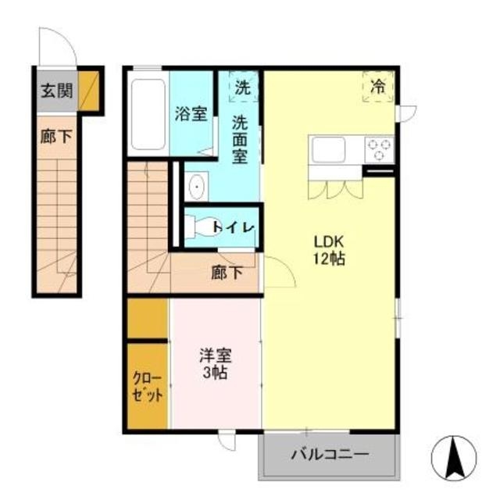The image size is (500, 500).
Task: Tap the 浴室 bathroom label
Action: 191,112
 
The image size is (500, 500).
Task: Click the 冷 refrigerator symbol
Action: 379,87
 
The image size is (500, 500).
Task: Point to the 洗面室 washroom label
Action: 241,138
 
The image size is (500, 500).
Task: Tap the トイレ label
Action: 233,227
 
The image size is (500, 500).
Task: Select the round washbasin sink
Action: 195,187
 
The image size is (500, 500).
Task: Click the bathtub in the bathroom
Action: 147,112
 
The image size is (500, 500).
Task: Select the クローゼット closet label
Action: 148,387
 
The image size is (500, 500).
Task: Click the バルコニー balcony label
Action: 330,454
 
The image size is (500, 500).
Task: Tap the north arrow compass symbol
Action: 452,457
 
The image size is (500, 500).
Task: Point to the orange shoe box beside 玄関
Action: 90,91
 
